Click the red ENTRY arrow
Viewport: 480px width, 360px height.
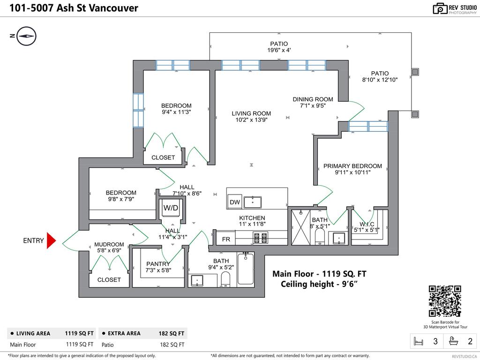pos(51,240)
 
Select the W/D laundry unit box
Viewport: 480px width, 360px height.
pos(171,208)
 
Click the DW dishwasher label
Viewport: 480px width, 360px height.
pos(234,202)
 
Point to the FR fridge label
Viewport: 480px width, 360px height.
pos(226,239)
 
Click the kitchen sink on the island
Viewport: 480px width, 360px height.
pos(252,202)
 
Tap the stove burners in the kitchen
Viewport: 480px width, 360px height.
pos(260,238)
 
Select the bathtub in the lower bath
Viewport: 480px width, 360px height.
pos(246,269)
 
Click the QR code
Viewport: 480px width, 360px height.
pos(445,301)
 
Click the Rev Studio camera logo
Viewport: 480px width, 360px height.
pos(440,8)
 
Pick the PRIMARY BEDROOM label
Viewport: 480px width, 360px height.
pos(352,166)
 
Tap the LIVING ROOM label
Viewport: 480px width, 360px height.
pos(251,113)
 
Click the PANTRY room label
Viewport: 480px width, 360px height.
pos(157,264)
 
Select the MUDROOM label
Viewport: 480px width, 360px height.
pos(109,244)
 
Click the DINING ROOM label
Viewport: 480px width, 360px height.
pos(313,99)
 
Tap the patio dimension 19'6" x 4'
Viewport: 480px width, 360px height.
pos(279,50)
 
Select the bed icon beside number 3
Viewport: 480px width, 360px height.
pos(417,342)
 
